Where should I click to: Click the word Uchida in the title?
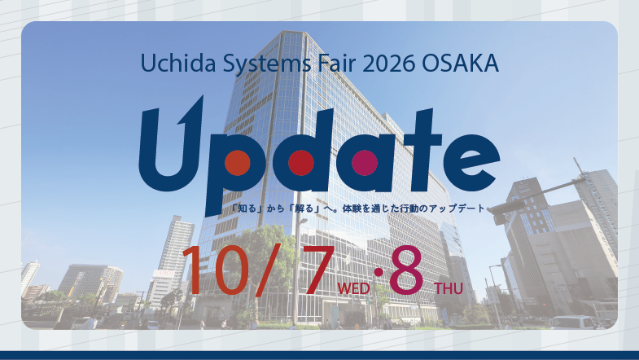[178, 64]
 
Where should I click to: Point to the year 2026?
[388, 64]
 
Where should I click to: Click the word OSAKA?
[460, 64]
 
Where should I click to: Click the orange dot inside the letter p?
[237, 163]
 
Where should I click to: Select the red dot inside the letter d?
[300, 163]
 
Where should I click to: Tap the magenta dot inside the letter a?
[365, 163]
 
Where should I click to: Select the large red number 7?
[317, 270]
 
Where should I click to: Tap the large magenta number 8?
[406, 270]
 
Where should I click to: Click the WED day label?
[354, 288]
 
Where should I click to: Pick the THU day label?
[449, 288]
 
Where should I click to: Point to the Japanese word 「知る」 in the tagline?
[246, 209]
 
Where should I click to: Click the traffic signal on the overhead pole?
[506, 208]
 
